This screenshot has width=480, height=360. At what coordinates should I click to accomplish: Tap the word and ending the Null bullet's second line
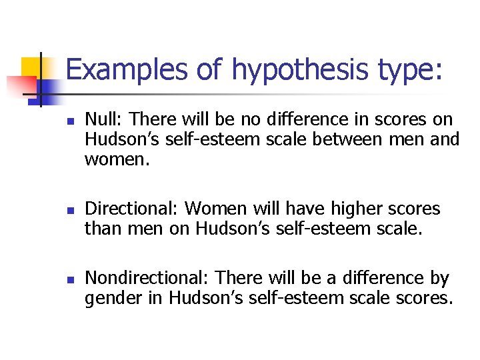click(445, 139)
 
